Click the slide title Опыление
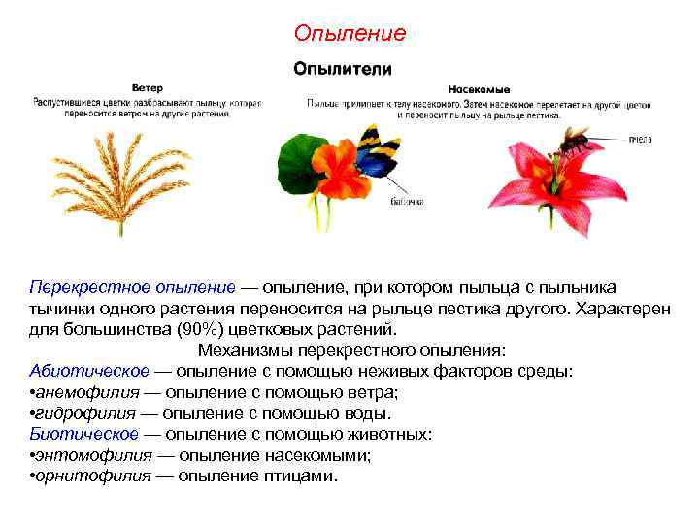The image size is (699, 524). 349,33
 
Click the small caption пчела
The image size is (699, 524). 640,140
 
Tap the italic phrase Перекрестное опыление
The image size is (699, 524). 132,288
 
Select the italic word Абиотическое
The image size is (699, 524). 89,371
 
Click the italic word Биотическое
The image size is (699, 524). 83,434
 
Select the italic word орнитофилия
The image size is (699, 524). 94,475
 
